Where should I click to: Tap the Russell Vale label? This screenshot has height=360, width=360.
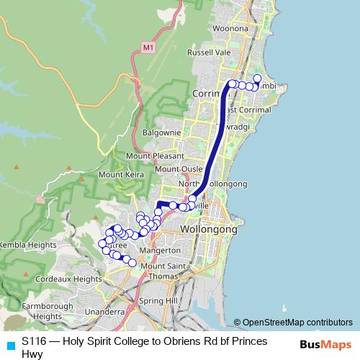(209, 53)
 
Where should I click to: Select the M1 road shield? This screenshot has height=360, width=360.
(148, 48)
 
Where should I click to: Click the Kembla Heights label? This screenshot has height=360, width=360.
(27, 245)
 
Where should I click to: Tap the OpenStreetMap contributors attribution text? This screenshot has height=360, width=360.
(297, 322)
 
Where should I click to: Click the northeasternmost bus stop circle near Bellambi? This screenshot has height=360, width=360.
(258, 78)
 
